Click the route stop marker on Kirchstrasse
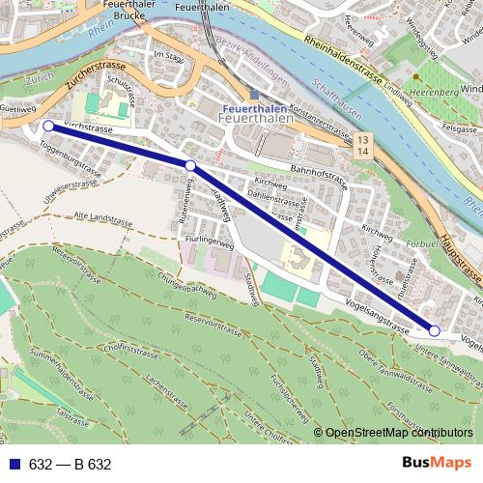pos(48,126)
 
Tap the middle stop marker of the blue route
pos(190,166)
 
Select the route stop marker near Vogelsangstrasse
pos(434,331)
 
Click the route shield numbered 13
pos(362,141)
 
